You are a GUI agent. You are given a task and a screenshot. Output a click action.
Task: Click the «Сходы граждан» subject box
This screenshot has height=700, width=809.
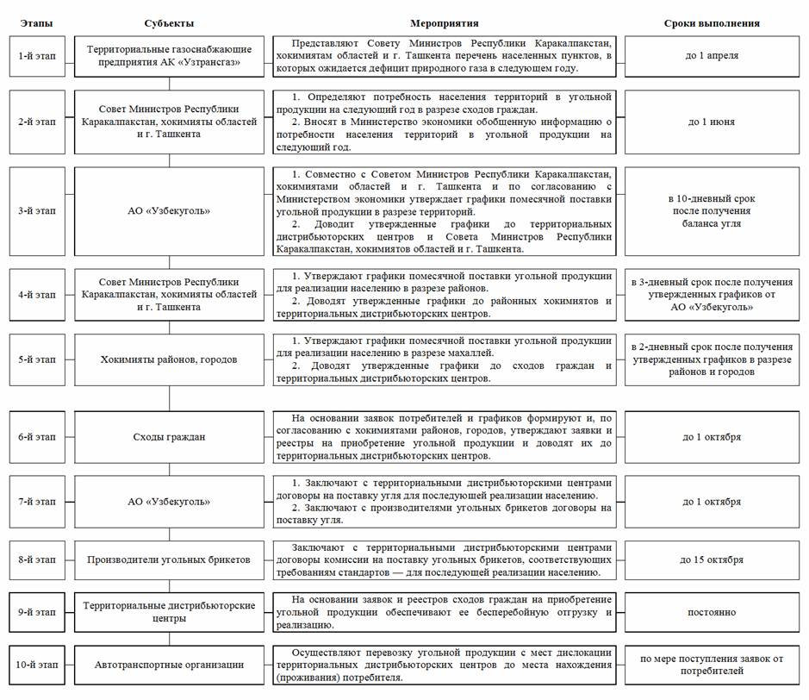click(169, 437)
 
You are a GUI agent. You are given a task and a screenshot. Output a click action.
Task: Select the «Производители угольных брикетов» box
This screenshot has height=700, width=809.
click(169, 559)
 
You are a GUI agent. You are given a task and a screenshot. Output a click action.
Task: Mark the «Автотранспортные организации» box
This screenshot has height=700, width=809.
click(169, 665)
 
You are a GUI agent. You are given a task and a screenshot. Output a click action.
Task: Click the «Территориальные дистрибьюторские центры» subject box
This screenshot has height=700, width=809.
click(169, 612)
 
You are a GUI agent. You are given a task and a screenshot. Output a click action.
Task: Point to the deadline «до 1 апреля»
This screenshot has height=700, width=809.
click(712, 56)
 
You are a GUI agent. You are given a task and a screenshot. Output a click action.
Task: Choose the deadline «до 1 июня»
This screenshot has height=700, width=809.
click(712, 122)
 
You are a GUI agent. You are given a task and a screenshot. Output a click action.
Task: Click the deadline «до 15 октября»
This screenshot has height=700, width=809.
click(712, 559)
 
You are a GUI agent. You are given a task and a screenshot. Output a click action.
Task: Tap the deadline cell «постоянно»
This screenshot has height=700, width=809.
click(712, 612)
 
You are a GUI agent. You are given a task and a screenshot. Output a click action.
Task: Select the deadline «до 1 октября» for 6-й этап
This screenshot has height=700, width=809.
click(712, 437)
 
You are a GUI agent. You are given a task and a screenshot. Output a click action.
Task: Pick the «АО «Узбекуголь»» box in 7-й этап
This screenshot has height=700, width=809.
click(169, 502)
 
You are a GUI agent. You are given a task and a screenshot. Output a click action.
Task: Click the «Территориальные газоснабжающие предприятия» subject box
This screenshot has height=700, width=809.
click(169, 56)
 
